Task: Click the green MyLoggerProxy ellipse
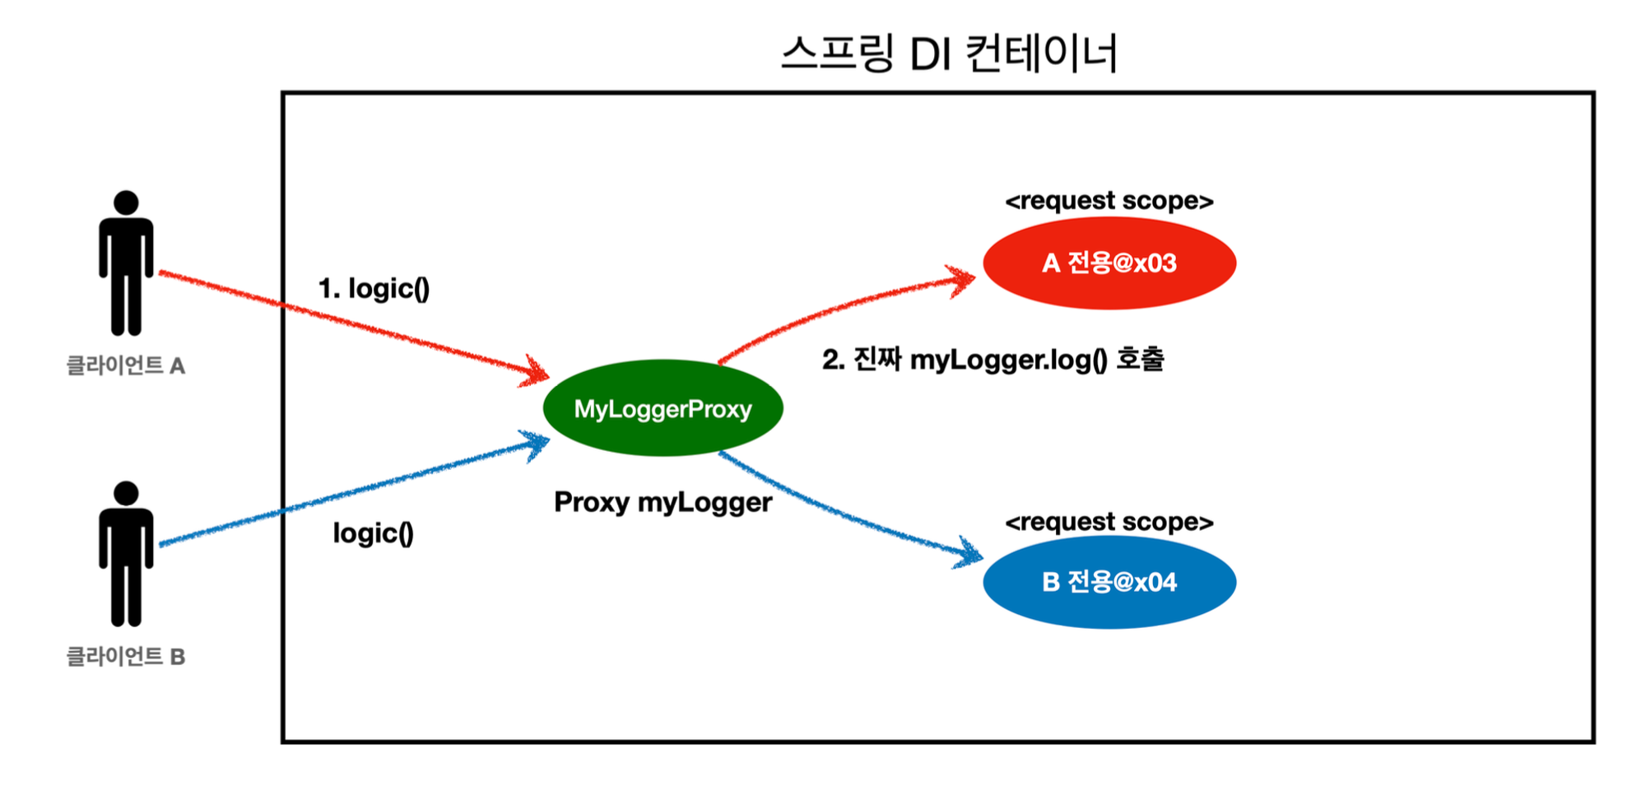663,408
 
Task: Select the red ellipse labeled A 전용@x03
1109,263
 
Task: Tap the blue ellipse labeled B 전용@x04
1109,582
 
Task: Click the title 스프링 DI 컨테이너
949,54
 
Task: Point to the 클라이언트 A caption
126,365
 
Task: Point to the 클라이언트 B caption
126,657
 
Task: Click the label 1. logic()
374,289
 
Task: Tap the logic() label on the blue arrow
373,533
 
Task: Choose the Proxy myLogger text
663,502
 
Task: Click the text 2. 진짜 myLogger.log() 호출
993,360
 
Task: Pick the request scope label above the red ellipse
1109,201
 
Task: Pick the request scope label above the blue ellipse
1109,522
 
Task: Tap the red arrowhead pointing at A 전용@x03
965,280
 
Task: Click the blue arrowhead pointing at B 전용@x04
970,554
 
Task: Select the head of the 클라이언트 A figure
126,202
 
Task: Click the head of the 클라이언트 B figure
126,493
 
